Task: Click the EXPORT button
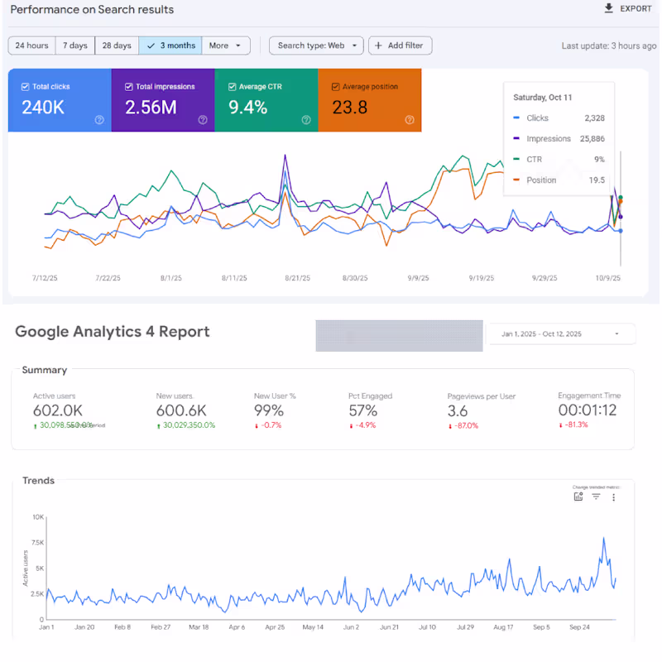point(628,9)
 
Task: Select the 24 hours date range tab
point(31,46)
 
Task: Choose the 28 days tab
point(117,46)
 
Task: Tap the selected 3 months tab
point(170,46)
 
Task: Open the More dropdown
point(225,46)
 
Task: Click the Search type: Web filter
point(316,46)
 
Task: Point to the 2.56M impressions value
point(150,107)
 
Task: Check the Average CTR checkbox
point(233,87)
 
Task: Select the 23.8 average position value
point(349,107)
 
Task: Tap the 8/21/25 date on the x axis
point(297,279)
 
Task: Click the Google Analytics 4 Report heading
point(113,332)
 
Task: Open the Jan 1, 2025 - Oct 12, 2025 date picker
point(562,333)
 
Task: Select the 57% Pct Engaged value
point(362,410)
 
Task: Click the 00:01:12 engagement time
point(588,410)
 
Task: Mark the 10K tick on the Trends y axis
point(38,517)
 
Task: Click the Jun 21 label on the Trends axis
point(389,627)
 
